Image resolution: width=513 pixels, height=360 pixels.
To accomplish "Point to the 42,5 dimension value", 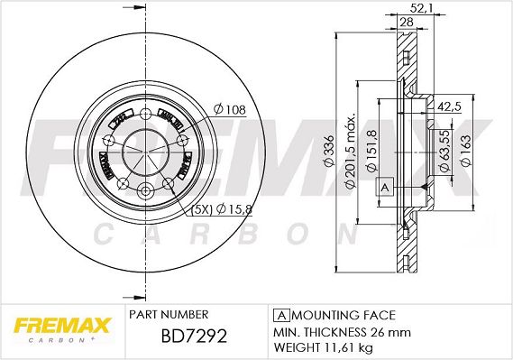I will click(449, 106).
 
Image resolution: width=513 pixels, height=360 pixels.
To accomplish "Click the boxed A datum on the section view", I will click(385, 186).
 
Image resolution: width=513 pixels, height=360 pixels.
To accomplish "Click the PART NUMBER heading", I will click(169, 314).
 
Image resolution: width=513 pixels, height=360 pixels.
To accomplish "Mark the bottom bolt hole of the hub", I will click(145, 189).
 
